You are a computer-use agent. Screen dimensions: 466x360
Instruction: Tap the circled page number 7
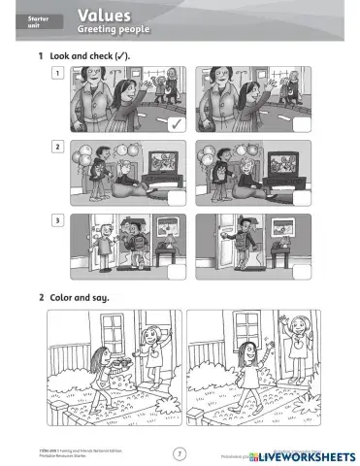tap(179, 452)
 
